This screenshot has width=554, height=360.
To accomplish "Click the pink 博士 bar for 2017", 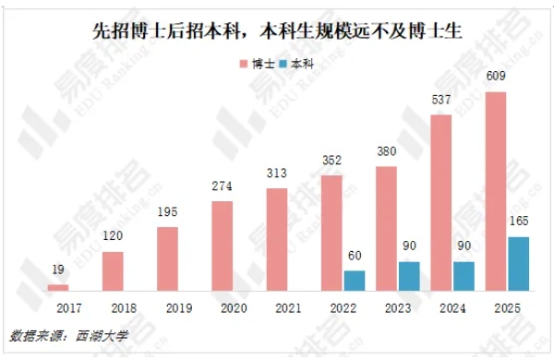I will click(58, 288).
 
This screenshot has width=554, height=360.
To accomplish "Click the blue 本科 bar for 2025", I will click(519, 264).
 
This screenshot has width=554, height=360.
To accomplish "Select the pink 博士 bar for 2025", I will click(496, 192).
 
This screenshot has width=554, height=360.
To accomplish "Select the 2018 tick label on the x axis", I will click(113, 307).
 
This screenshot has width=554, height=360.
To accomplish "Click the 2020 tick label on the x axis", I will click(223, 307).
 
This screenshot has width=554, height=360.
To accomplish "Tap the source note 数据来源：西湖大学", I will click(68, 336).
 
